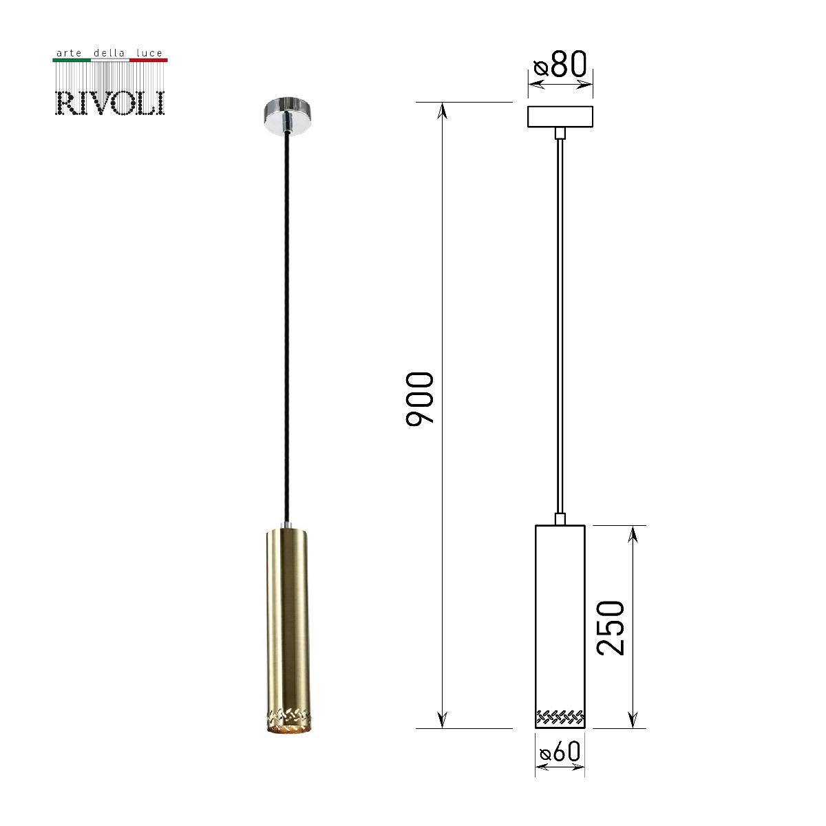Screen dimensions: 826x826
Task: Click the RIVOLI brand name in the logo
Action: pyautogui.click(x=110, y=102)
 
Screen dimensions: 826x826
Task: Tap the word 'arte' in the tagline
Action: pyautogui.click(x=67, y=52)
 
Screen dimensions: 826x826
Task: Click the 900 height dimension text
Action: pyautogui.click(x=420, y=399)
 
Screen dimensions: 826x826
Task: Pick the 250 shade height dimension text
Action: pyautogui.click(x=611, y=626)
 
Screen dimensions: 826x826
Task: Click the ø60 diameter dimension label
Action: pyautogui.click(x=560, y=752)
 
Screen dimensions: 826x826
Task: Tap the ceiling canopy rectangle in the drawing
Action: pyautogui.click(x=560, y=117)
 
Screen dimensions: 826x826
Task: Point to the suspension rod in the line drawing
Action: pyautogui.click(x=560, y=324)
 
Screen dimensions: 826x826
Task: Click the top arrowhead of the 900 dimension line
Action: pyautogui.click(x=443, y=110)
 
